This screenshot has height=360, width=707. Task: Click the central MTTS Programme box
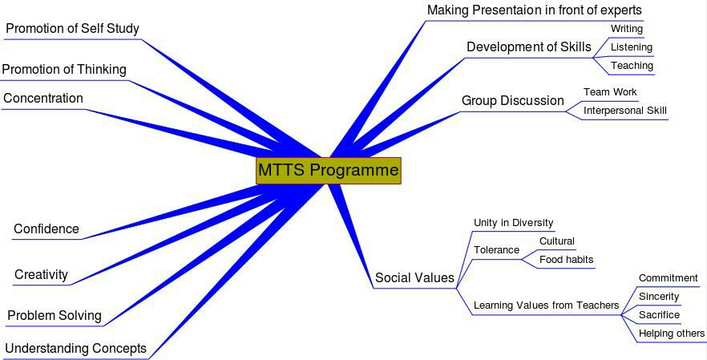pyautogui.click(x=329, y=171)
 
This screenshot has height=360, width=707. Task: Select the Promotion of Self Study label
pyautogui.click(x=73, y=29)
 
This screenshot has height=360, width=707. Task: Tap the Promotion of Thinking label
pyautogui.click(x=64, y=70)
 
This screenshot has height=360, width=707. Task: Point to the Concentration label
pyautogui.click(x=43, y=99)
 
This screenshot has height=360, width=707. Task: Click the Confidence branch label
pyautogui.click(x=46, y=229)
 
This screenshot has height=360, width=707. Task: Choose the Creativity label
pyautogui.click(x=41, y=275)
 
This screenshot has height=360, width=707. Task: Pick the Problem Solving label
pyautogui.click(x=55, y=315)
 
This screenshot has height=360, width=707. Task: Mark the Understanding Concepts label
pyautogui.click(x=75, y=348)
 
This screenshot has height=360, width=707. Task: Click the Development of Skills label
pyautogui.click(x=529, y=47)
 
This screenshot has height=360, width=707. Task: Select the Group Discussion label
pyautogui.click(x=513, y=100)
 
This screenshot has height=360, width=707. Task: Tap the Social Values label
pyautogui.click(x=414, y=277)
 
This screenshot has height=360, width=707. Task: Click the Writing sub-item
pyautogui.click(x=627, y=29)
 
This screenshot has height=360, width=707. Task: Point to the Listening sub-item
pyautogui.click(x=632, y=47)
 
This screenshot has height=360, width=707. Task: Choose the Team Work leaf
pyautogui.click(x=610, y=92)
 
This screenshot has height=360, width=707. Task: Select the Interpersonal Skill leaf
pyautogui.click(x=625, y=111)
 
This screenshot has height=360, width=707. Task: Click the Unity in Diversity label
pyautogui.click(x=513, y=223)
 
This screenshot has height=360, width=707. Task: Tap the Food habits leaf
pyautogui.click(x=566, y=260)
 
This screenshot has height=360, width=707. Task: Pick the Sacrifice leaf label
pyautogui.click(x=659, y=315)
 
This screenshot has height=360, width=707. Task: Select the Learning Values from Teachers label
pyautogui.click(x=546, y=305)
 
